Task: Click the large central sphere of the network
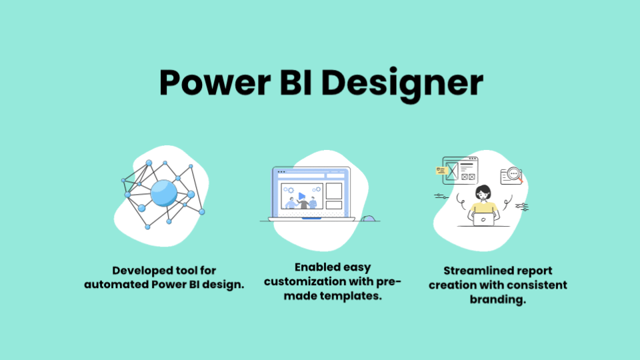[163, 193]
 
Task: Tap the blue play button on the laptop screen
[302, 196]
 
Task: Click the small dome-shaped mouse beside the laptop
[368, 218]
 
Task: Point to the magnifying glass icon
[513, 175]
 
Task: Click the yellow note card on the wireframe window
[441, 170]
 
